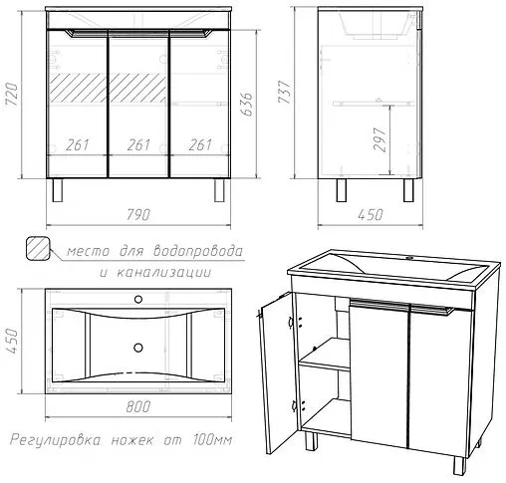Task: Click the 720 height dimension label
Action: click(12, 95)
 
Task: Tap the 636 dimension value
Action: click(247, 105)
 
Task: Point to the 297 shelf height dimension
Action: click(380, 139)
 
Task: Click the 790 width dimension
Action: click(138, 215)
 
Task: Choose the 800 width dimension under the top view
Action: click(138, 406)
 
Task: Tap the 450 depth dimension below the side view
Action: click(371, 215)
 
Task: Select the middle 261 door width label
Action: click(138, 144)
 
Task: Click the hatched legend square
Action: click(38, 248)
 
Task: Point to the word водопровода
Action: click(198, 251)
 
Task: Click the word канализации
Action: click(164, 273)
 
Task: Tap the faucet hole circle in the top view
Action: click(138, 300)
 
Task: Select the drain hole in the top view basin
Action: click(138, 348)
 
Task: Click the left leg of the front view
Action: click(57, 190)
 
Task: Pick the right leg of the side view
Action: click(408, 190)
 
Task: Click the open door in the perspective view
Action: click(278, 373)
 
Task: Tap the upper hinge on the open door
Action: click(291, 322)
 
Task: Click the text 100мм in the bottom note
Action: click(212, 440)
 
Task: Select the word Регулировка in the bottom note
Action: click(55, 440)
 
